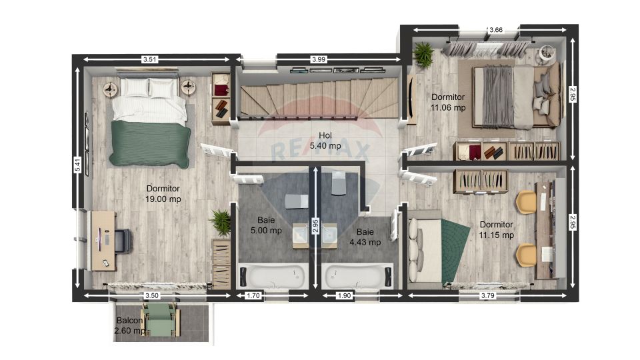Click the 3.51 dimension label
coord(150,59)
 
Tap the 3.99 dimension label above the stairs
coord(319,59)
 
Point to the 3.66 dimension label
coord(496,30)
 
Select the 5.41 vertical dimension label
coord(77,165)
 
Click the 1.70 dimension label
coord(253,295)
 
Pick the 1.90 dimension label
coord(344,295)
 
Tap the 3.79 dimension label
coord(488,295)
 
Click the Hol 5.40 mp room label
coord(325,141)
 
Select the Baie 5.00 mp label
coord(266,225)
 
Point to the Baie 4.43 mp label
coord(365,237)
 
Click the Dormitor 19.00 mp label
coord(163,194)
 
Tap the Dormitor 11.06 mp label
coord(448,103)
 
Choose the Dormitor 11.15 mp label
coord(496,230)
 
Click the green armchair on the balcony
coord(161,319)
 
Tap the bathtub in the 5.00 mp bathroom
coord(273,276)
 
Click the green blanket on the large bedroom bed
coord(150,143)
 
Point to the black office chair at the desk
coord(123,241)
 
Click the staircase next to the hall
coord(319,98)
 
